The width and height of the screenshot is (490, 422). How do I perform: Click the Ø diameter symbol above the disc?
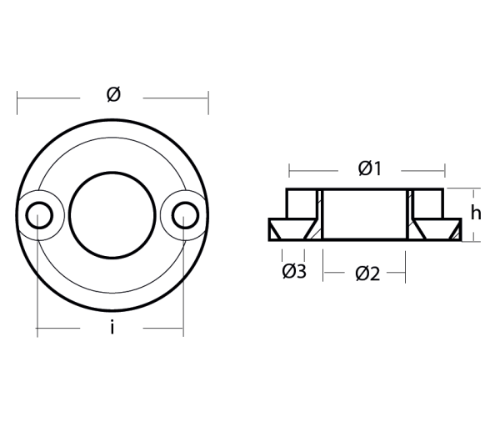tap(113, 95)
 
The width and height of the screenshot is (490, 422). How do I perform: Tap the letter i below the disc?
tap(112, 327)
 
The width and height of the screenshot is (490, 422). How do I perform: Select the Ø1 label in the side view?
tap(369, 168)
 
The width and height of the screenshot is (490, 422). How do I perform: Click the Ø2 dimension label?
tap(367, 273)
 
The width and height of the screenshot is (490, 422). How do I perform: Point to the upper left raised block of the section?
tap(301, 203)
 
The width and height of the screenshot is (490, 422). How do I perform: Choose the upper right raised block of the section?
tap(427, 203)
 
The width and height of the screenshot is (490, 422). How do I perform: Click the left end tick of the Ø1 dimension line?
tap(289, 171)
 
